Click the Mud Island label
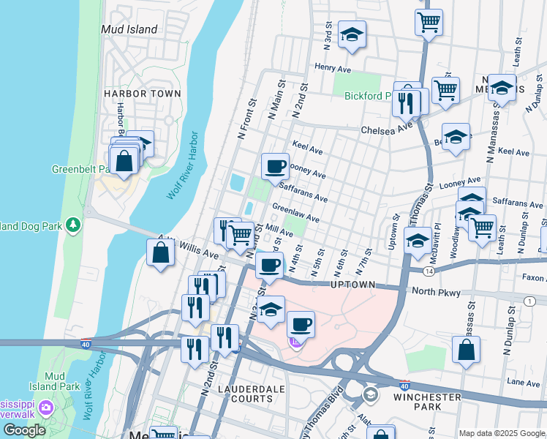coord(129,30)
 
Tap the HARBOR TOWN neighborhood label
coord(142,94)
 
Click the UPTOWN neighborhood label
coord(352,284)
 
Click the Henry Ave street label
coord(333,67)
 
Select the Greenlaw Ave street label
coord(295,214)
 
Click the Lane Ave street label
coord(524,382)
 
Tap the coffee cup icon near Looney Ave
coord(275,166)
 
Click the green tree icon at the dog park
coord(72,224)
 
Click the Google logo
coord(24,430)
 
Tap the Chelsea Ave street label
coord(387,130)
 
